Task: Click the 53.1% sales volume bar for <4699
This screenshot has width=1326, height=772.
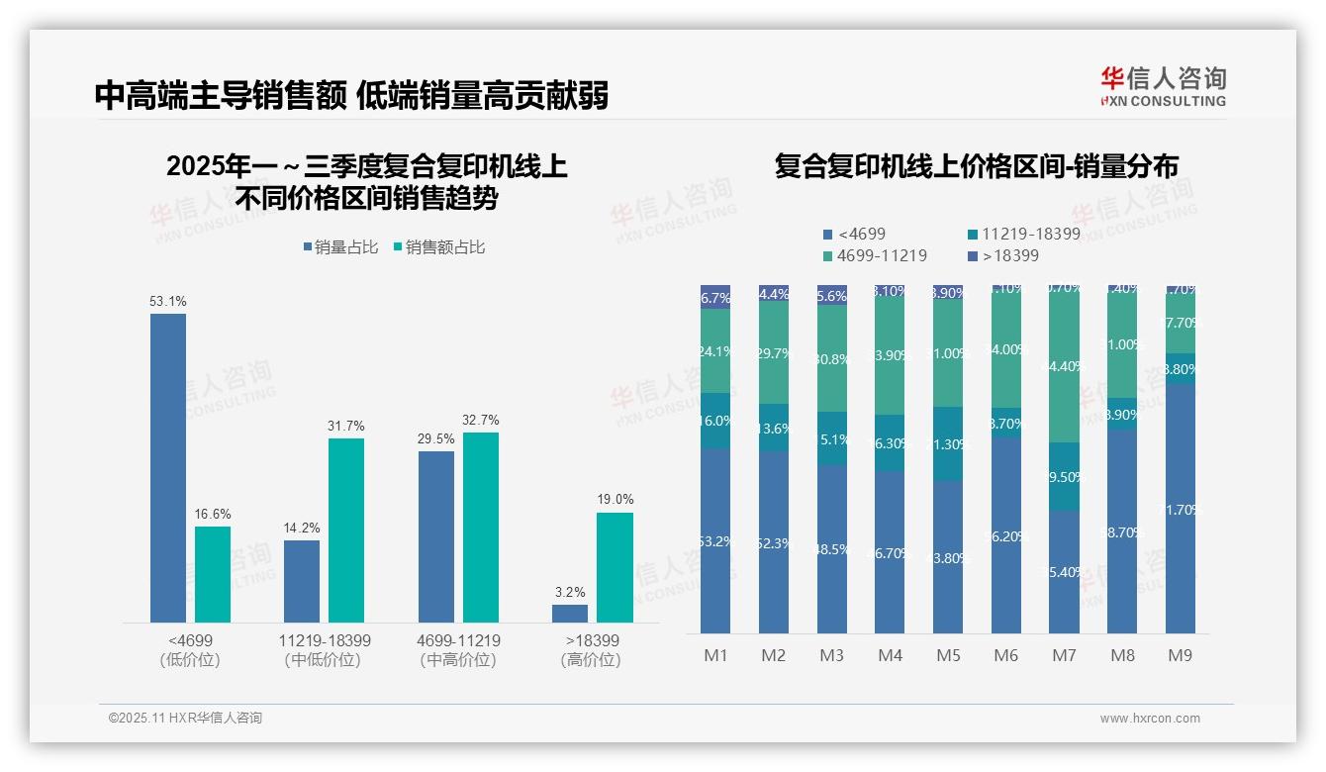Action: [168, 467]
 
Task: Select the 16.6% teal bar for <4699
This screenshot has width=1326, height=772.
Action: [213, 574]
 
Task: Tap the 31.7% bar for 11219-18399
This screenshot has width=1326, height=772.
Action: [346, 530]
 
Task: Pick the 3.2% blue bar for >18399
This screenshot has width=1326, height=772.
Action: [570, 614]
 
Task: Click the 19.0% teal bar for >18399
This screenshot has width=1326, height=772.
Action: [615, 567]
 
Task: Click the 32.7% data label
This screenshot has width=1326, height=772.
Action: [481, 421]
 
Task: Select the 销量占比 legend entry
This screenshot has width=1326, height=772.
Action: [340, 247]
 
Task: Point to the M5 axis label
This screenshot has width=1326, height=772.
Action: [949, 655]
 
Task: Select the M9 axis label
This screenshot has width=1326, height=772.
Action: [1180, 655]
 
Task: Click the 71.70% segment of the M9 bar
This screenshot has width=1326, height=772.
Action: [1180, 509]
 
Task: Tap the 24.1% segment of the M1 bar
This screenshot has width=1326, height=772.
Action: [715, 350]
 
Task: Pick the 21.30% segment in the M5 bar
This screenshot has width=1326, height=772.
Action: [949, 443]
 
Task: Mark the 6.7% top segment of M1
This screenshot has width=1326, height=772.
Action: [715, 297]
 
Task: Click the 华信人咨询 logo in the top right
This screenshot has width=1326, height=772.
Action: [1163, 86]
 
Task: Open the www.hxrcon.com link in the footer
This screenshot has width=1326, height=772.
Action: [1150, 719]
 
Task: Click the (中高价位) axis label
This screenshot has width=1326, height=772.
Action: [458, 660]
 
